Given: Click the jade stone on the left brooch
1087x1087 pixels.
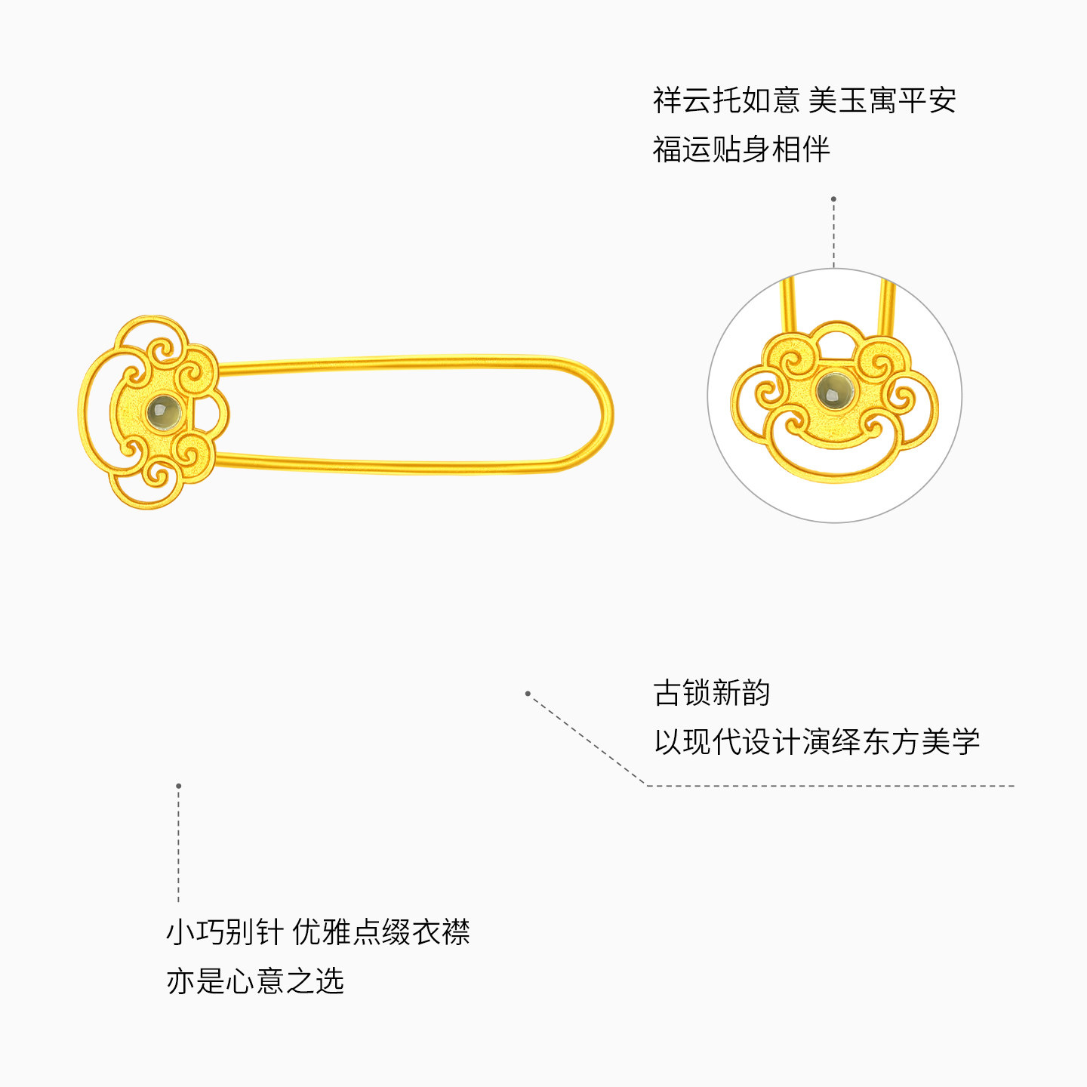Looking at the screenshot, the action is (x=164, y=412).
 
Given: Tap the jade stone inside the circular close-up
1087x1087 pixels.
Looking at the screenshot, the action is (x=834, y=390).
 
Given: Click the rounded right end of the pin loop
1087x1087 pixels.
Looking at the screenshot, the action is (x=606, y=414).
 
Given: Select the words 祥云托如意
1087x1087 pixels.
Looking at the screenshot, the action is (x=725, y=100).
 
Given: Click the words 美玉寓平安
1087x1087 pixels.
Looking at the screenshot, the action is (x=882, y=100).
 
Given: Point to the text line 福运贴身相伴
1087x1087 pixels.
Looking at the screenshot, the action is (x=741, y=149).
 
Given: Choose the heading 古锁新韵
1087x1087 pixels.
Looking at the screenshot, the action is (x=711, y=693).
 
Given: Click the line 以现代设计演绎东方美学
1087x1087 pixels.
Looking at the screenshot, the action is (x=816, y=742).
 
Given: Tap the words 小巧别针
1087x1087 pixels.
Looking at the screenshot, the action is (x=224, y=932).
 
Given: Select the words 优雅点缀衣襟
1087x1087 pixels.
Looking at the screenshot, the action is (x=381, y=932).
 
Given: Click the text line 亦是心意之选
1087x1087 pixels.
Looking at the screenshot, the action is (x=255, y=981).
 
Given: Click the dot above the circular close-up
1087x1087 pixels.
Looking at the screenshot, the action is (x=833, y=199).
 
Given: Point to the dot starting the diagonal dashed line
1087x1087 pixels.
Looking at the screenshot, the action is (x=528, y=693).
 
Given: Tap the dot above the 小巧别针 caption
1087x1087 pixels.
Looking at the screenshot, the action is (x=178, y=786).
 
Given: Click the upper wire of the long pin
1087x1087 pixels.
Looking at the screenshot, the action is (x=400, y=362).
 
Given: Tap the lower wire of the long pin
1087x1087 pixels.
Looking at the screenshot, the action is (x=400, y=466).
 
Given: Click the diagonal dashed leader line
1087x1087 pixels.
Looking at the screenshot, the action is (x=587, y=739).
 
